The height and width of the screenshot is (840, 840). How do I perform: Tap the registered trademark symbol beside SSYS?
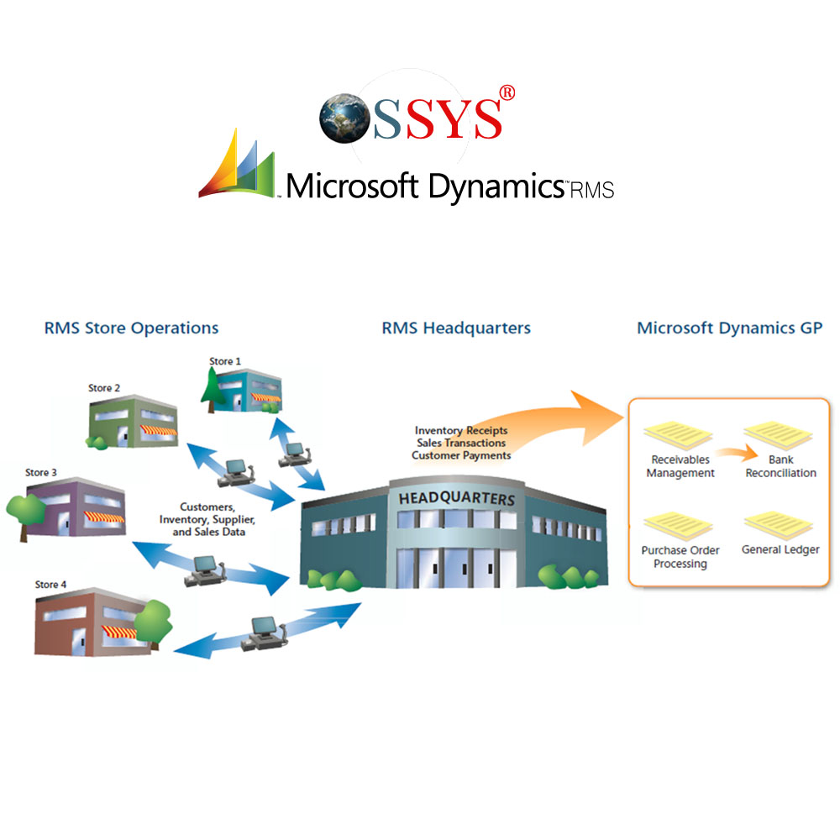(x=507, y=93)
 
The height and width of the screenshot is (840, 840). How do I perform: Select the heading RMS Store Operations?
(x=131, y=328)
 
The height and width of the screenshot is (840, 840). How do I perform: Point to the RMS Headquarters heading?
(x=456, y=328)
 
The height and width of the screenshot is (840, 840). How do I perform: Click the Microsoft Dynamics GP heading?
(x=729, y=328)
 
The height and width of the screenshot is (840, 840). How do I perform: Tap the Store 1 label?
(x=225, y=361)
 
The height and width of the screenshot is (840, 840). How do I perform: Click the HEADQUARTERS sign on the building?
(x=456, y=498)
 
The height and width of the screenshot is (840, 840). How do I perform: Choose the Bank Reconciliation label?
(x=780, y=466)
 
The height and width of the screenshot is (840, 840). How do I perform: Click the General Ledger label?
(x=780, y=550)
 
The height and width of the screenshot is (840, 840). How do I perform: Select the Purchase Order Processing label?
(x=680, y=557)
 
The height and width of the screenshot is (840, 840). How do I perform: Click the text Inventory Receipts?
(x=461, y=431)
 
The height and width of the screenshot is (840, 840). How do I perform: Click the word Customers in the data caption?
(x=207, y=507)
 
